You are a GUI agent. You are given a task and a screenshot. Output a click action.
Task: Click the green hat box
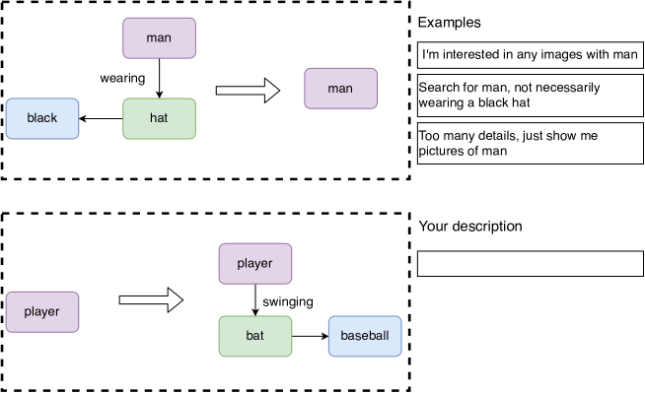(159, 118)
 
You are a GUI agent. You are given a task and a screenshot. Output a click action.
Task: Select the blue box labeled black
(42, 118)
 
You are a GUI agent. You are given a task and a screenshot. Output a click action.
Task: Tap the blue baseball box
(365, 336)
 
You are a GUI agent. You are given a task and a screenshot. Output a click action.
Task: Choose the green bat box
(254, 336)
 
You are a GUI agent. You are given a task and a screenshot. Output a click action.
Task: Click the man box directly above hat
(159, 37)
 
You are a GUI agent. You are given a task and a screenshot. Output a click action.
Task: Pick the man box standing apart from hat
(340, 88)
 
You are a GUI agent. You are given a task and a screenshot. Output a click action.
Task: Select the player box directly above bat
(254, 264)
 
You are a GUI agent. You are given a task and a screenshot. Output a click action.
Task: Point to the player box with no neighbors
(42, 311)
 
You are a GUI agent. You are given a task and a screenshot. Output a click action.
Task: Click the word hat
(159, 118)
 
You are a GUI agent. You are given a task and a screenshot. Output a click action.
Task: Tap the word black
(42, 118)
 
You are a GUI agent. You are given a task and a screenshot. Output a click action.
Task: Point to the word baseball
(365, 336)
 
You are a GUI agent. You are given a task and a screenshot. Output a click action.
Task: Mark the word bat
(254, 336)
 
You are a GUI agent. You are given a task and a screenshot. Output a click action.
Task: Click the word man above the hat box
(159, 37)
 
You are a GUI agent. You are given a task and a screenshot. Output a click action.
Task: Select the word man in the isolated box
(340, 88)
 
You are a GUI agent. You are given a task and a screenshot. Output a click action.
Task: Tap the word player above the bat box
(254, 264)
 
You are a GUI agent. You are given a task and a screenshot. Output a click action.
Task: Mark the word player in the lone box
(42, 311)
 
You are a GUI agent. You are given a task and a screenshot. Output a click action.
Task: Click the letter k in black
(54, 118)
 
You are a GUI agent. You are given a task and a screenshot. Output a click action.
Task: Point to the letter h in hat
(153, 118)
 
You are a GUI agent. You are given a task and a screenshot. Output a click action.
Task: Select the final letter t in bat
(261, 336)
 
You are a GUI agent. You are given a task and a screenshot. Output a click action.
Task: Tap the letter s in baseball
(361, 336)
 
